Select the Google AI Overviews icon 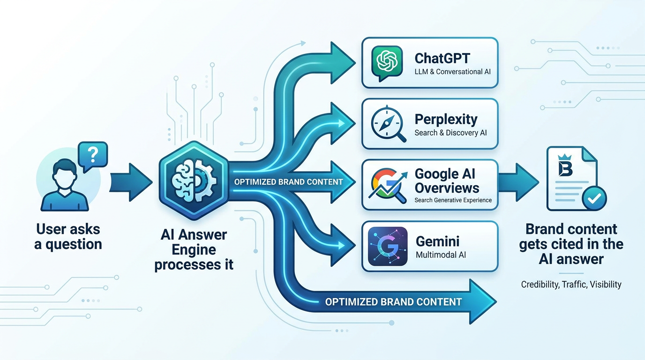pyautogui.click(x=388, y=186)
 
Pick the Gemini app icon pyautogui.click(x=388, y=246)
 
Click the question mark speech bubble pyautogui.click(x=93, y=156)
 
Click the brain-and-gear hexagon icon pyautogui.click(x=194, y=180)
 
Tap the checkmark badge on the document pyautogui.click(x=594, y=198)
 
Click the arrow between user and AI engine pyautogui.click(x=131, y=182)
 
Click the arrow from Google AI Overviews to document pyautogui.click(x=518, y=182)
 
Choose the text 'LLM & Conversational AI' pyautogui.click(x=452, y=72)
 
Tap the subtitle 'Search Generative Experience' pyautogui.click(x=453, y=200)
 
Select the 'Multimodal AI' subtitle pyautogui.click(x=441, y=255)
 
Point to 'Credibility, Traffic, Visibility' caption pyautogui.click(x=571, y=285)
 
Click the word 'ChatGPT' pyautogui.click(x=442, y=58)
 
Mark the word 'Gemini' pyautogui.click(x=437, y=241)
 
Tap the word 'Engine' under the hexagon pyautogui.click(x=194, y=250)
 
